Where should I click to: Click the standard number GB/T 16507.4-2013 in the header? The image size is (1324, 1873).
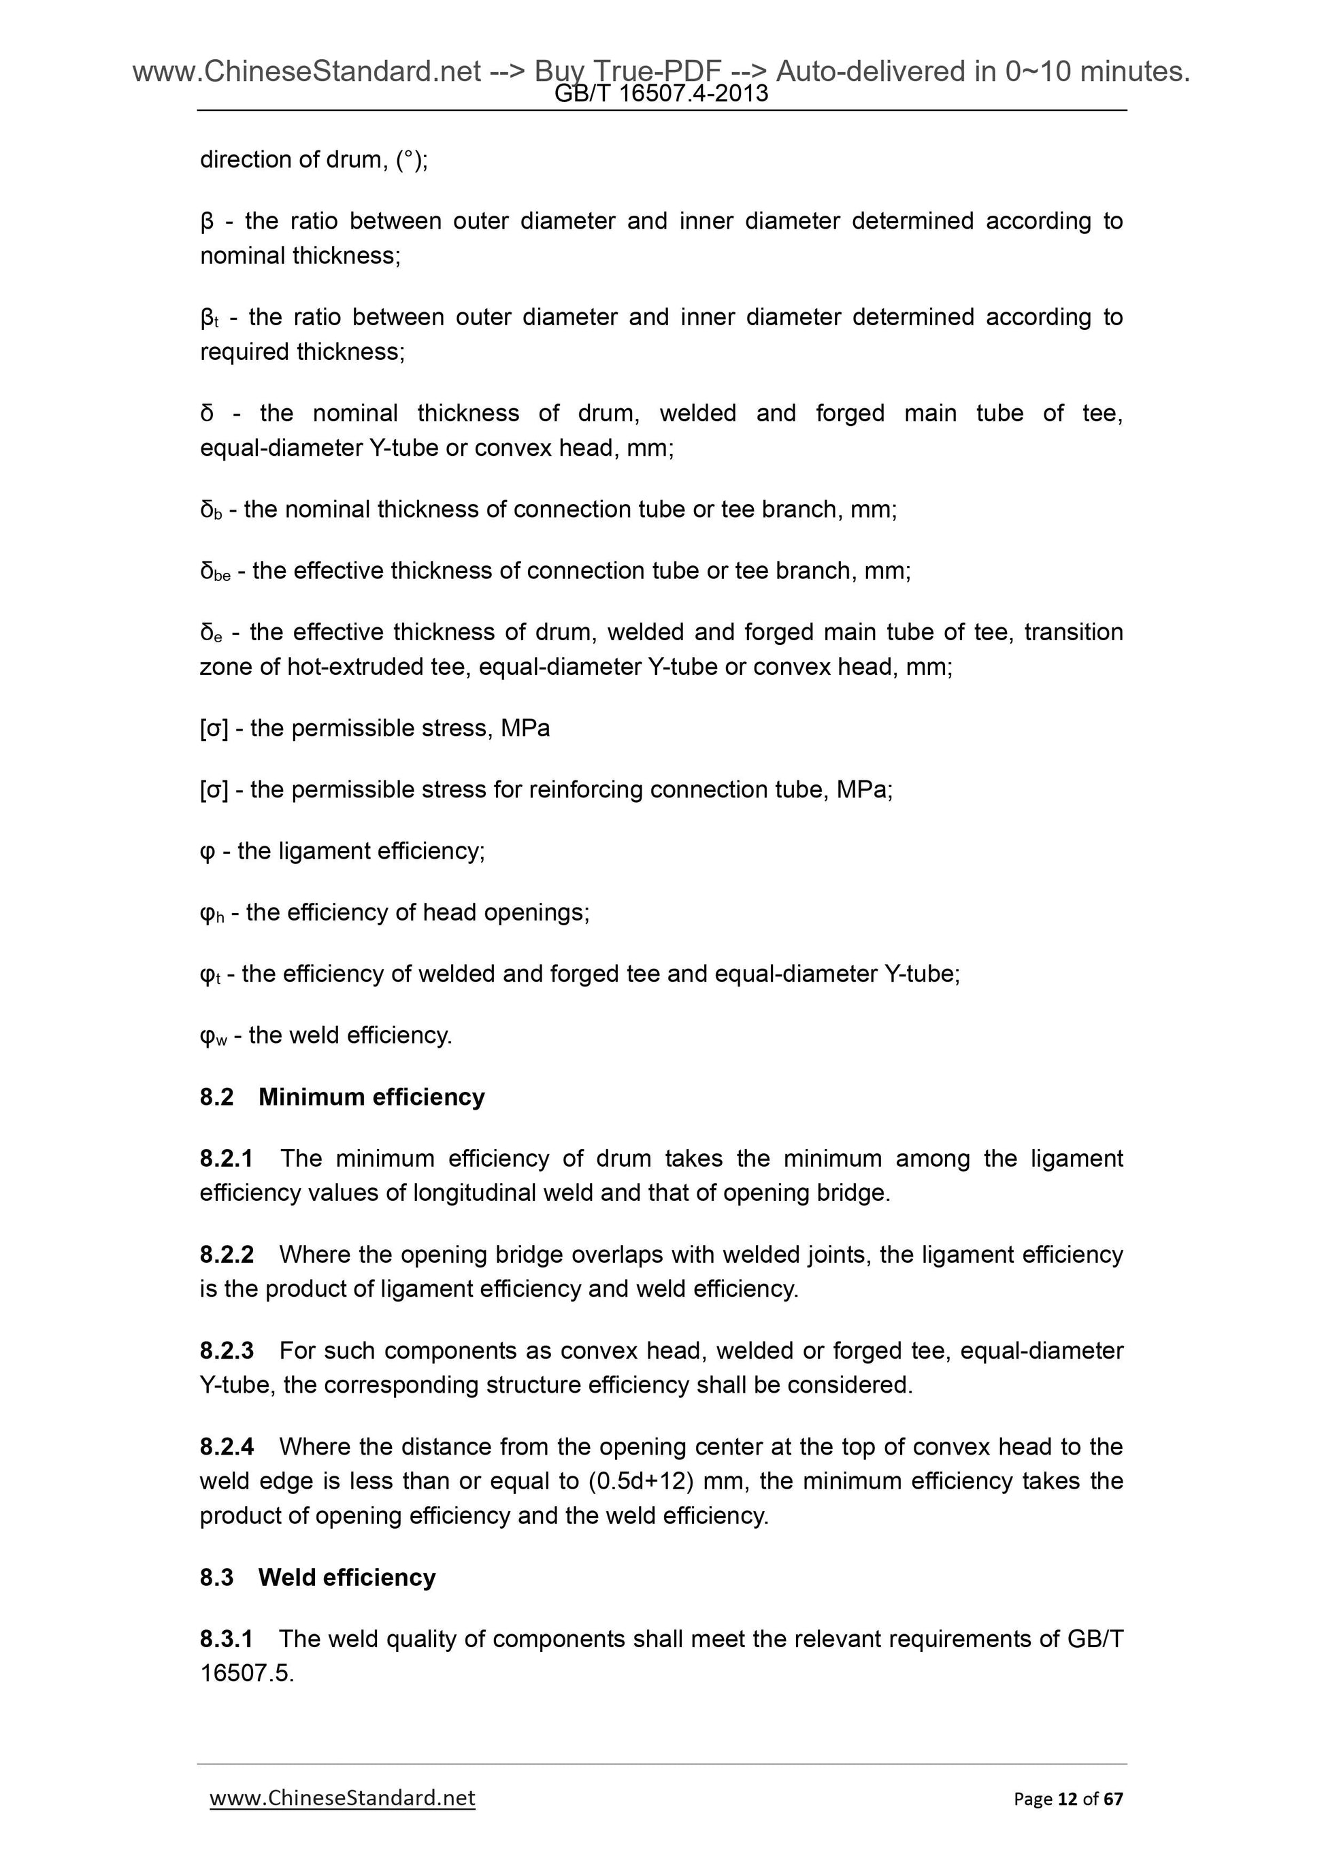coord(661,94)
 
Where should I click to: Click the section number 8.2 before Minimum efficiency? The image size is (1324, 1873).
coord(216,1097)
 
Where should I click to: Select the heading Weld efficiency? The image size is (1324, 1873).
coord(347,1578)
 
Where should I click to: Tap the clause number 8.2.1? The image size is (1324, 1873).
coord(226,1159)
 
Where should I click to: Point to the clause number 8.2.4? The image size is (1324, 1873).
coord(226,1447)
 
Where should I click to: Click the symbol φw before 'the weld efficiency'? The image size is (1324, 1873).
coord(212,1036)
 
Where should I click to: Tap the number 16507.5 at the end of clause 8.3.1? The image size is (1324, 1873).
coord(246,1674)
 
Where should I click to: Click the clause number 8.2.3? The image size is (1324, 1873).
coord(226,1351)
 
